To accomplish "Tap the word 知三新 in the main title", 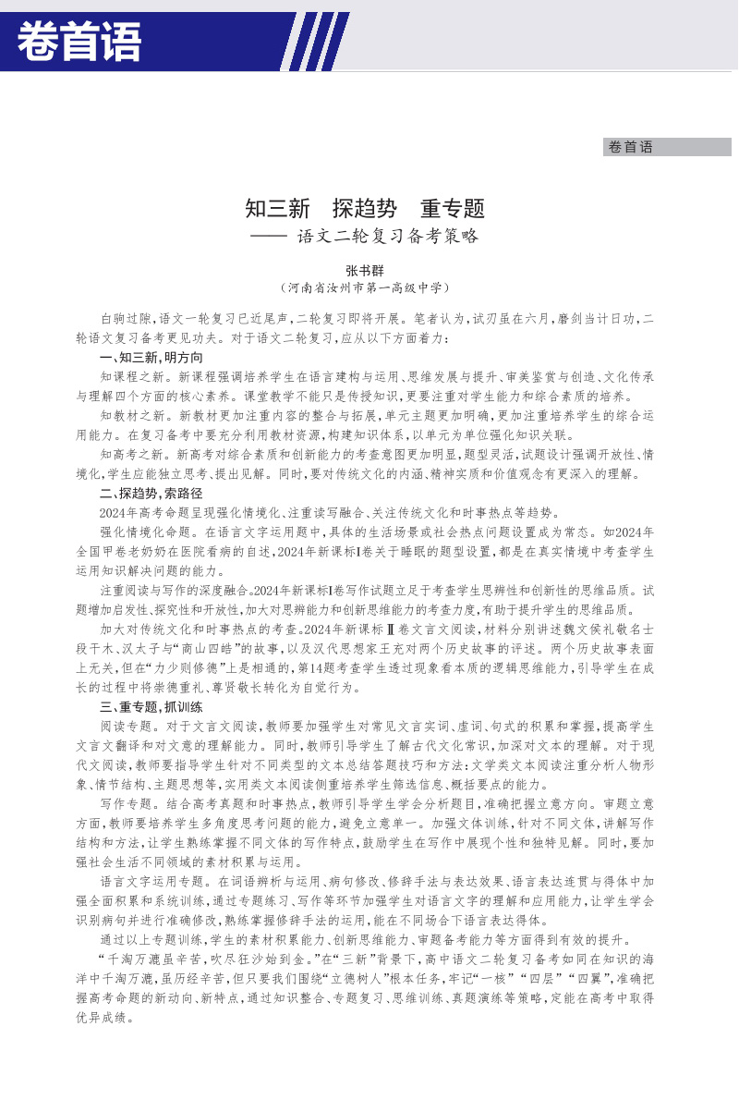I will [277, 209].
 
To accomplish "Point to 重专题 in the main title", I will [452, 209].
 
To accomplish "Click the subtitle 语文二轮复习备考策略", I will [388, 237].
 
